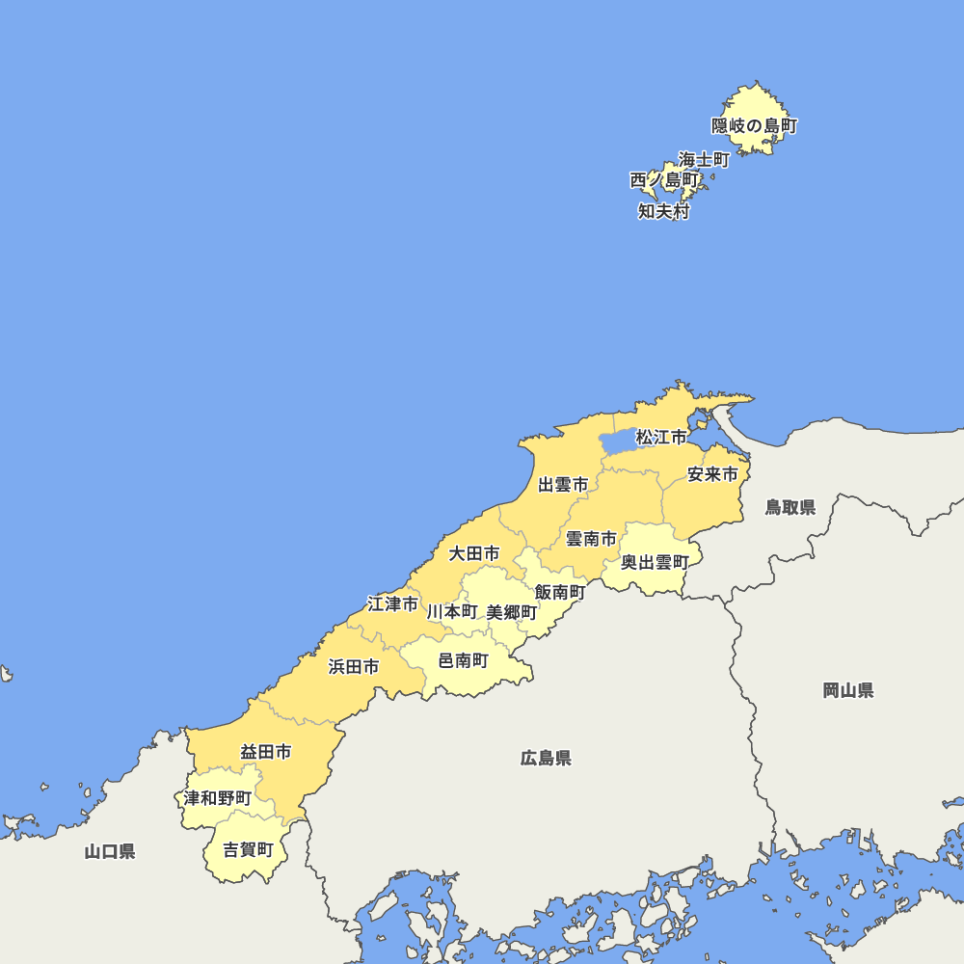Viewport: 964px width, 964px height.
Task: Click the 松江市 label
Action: (661, 438)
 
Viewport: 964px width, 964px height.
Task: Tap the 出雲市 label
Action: (563, 485)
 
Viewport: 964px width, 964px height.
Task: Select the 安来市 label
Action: (712, 474)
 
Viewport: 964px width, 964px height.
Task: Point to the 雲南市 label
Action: (590, 539)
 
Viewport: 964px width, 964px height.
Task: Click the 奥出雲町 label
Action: (655, 562)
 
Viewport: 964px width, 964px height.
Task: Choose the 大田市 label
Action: (474, 553)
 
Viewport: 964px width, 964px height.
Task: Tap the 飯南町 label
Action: (560, 592)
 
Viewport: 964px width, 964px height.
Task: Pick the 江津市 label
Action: (393, 604)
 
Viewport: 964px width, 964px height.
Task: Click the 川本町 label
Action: (452, 611)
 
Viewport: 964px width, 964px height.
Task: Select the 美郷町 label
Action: (512, 612)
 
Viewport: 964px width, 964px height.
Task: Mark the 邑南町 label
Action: (463, 660)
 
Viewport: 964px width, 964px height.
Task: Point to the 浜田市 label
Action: (353, 666)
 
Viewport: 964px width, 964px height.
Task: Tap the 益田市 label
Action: (266, 752)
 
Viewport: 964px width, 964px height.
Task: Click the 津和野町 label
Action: (218, 798)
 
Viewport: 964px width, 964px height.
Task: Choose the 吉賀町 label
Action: (248, 849)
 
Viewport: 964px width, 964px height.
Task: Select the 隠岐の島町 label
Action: (755, 125)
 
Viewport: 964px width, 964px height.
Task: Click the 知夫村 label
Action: (663, 211)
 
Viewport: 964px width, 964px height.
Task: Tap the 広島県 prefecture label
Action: (546, 759)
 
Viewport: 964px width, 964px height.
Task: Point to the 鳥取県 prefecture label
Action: (790, 507)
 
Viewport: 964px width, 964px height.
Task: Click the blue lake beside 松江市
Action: (618, 442)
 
